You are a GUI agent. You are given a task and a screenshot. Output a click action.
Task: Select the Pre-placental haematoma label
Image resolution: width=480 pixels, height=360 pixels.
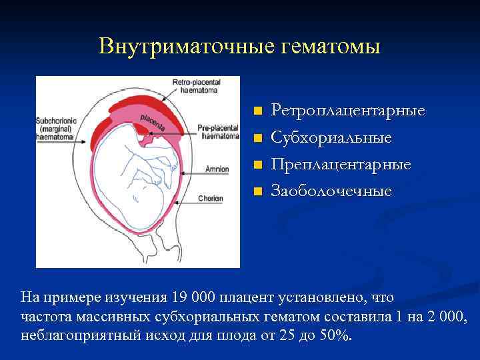click(x=219, y=132)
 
